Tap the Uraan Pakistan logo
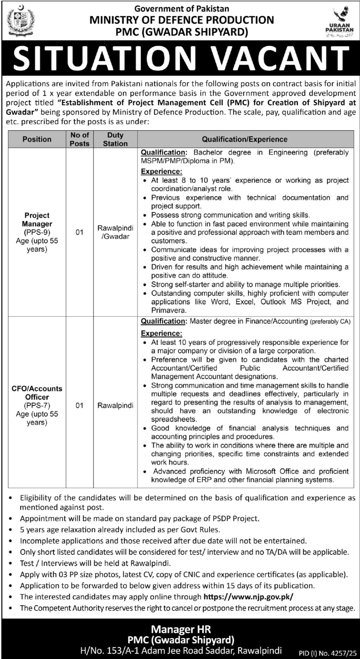339,21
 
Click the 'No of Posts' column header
80,139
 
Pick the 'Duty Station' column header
115,139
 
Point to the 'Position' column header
37,139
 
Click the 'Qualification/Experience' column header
245,139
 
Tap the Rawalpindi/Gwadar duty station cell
115,232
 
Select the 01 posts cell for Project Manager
79,232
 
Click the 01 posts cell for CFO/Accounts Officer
79,405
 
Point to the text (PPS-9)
37,232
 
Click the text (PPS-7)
37,405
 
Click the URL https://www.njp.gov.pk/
249,597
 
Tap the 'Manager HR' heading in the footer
181,629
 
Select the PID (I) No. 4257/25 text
327,654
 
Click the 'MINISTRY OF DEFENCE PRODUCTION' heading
182,20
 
